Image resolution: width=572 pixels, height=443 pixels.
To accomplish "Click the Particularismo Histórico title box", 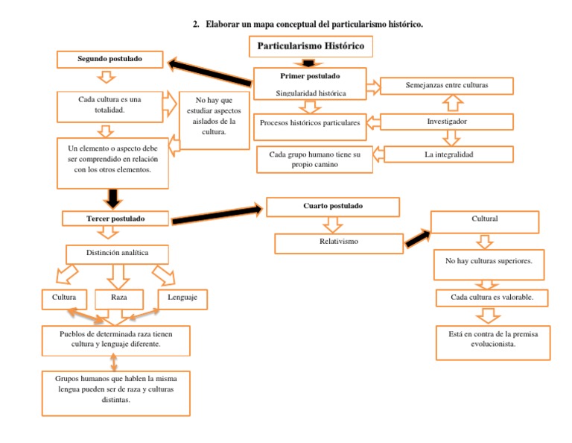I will click(311, 47).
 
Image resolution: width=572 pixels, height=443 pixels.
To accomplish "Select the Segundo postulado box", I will click(109, 58).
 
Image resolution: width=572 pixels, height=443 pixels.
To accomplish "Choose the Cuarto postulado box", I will click(333, 206).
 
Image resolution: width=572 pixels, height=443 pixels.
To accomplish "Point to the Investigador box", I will click(447, 122).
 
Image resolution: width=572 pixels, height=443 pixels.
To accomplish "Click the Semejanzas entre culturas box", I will click(447, 86).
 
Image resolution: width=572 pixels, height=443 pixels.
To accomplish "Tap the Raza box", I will click(118, 298).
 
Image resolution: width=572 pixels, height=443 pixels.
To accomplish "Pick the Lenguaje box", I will click(182, 298).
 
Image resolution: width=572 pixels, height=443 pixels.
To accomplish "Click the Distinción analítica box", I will click(117, 253).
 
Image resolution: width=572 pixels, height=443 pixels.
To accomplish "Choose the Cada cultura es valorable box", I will click(492, 298).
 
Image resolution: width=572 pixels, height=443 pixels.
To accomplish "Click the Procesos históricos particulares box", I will click(310, 122).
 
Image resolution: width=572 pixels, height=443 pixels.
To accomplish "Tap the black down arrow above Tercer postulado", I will click(113, 198).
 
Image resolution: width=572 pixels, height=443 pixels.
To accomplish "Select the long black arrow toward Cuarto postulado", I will click(217, 216).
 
